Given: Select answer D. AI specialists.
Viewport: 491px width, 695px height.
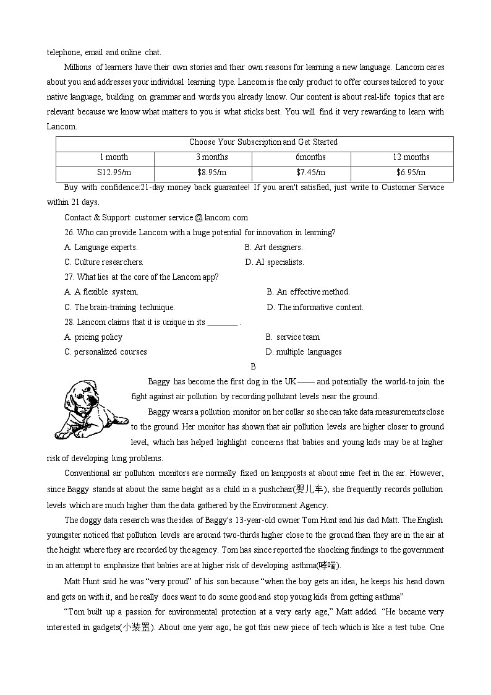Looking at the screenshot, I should click(275, 262).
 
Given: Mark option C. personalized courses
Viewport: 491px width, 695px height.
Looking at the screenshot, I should click(106, 352).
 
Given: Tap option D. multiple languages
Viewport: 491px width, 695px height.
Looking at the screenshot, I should click(303, 352).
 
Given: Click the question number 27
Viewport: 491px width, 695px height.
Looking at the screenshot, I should click(69, 277).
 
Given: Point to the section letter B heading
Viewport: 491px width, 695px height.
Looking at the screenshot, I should click(254, 367).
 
